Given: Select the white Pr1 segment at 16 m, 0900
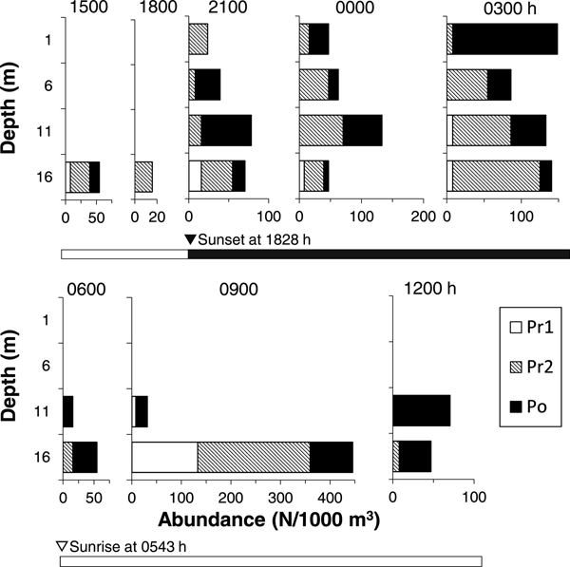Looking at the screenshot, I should [x=164, y=457].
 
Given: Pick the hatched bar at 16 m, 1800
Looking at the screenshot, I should [x=143, y=177].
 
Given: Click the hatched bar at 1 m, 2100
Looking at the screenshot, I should [x=199, y=39].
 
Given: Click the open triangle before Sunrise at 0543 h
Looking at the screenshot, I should [x=62, y=545].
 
